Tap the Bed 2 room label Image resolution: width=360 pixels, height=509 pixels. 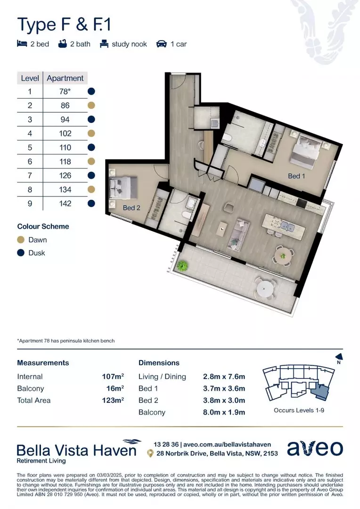pyautogui.click(x=131, y=207)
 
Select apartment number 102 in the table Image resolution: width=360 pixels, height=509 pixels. pyautogui.click(x=65, y=133)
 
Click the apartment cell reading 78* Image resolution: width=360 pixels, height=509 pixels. pyautogui.click(x=65, y=91)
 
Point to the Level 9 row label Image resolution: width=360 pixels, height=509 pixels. pyautogui.click(x=30, y=204)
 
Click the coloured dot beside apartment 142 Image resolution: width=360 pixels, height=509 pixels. pyautogui.click(x=91, y=204)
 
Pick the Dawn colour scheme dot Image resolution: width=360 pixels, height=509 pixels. pyautogui.click(x=21, y=240)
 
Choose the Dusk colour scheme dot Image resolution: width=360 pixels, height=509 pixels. pyautogui.click(x=21, y=253)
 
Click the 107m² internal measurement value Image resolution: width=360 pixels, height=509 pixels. pyautogui.click(x=113, y=377)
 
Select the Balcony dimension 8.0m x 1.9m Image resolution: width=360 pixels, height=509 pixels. pyautogui.click(x=224, y=412)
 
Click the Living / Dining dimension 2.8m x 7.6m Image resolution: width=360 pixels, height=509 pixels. pyautogui.click(x=224, y=377)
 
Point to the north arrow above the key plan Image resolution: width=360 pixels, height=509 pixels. pyautogui.click(x=338, y=358)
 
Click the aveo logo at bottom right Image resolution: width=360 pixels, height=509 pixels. pyautogui.click(x=315, y=449)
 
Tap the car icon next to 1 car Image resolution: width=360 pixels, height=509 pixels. pyautogui.click(x=162, y=44)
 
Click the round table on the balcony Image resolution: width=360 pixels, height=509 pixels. pyautogui.click(x=263, y=287)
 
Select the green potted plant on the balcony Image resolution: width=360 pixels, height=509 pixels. pyautogui.click(x=181, y=265)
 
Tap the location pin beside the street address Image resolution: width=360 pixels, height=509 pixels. pyautogui.click(x=150, y=453)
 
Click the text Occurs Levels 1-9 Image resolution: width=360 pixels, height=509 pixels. pyautogui.click(x=299, y=410)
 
